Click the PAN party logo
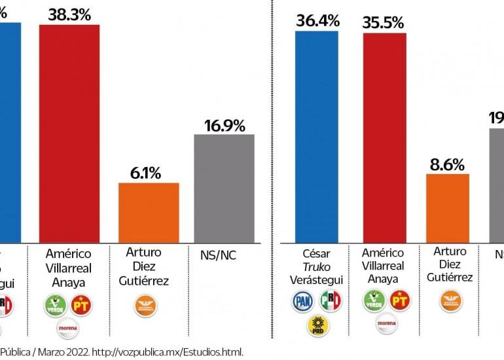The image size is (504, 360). click(302, 301)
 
